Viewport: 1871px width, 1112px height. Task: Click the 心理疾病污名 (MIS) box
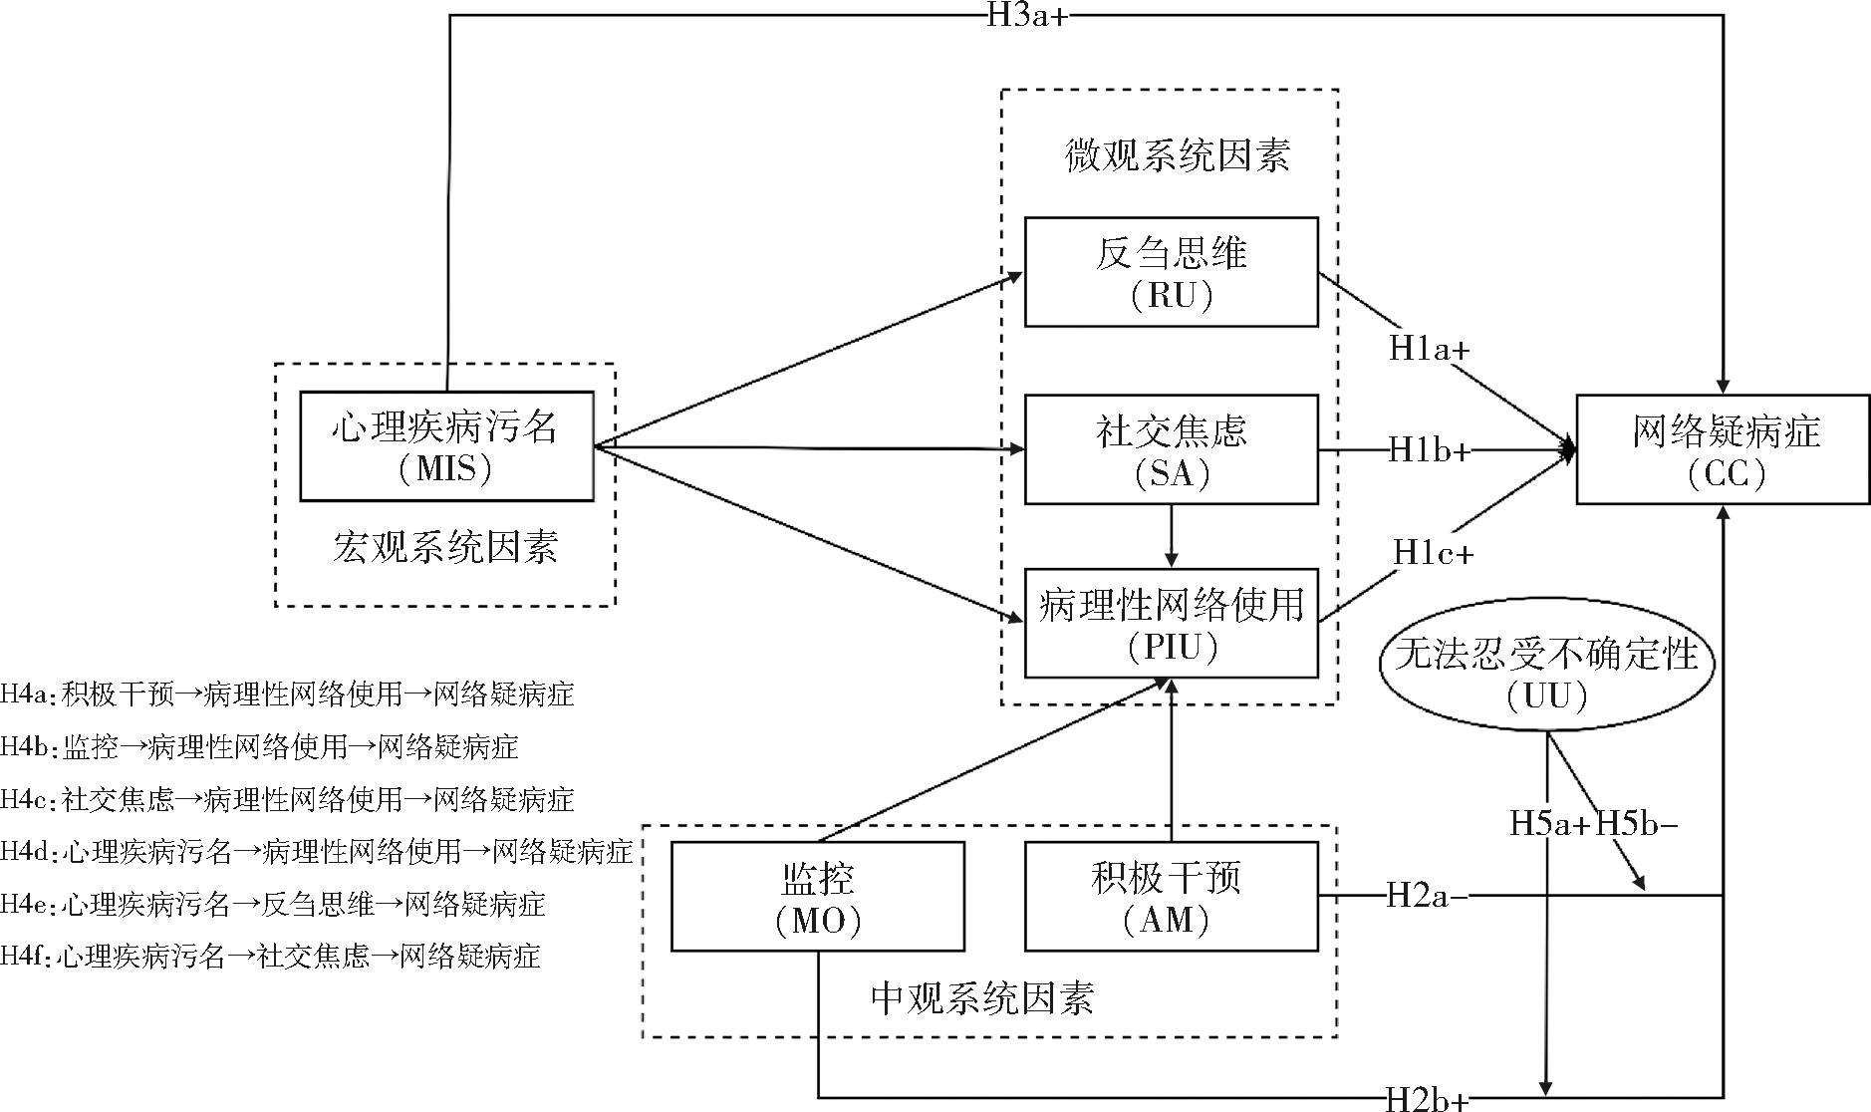click(x=446, y=445)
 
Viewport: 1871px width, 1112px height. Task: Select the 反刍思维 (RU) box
click(x=1171, y=272)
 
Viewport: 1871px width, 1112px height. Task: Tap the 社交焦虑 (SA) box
click(x=1171, y=449)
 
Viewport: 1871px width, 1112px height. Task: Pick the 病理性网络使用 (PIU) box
click(x=1171, y=623)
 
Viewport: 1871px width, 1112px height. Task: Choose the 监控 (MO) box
click(x=817, y=896)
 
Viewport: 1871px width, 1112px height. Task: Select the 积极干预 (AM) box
click(x=1171, y=896)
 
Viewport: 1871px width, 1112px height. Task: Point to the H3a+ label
click(x=1027, y=16)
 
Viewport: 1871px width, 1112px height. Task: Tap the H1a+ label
click(x=1430, y=349)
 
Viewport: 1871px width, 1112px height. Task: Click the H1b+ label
click(x=1430, y=450)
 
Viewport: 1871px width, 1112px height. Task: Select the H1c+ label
click(x=1433, y=551)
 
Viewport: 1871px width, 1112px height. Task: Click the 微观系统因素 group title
click(x=1177, y=156)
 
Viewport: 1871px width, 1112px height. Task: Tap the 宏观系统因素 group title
click(x=444, y=547)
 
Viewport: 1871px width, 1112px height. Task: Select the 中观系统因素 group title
click(x=981, y=997)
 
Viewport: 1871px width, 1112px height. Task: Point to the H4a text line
click(x=287, y=694)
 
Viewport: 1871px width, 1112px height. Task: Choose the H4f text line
click(x=270, y=957)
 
